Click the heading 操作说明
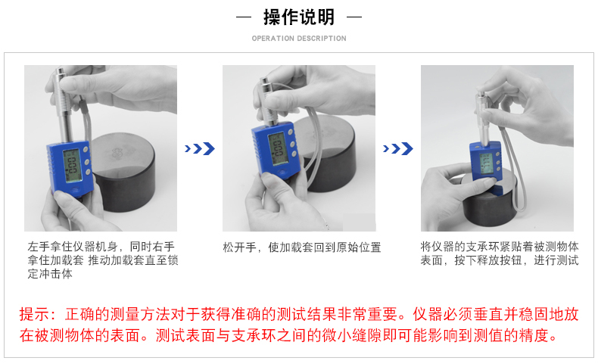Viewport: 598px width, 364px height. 298,17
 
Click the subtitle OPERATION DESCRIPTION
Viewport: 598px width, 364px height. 299,39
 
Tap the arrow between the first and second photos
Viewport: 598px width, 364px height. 200,148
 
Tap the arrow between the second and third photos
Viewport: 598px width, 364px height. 397,148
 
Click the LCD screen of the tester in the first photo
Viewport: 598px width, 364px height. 73,166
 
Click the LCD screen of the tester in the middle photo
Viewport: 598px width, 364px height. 278,148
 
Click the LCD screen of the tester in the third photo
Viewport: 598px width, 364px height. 486,163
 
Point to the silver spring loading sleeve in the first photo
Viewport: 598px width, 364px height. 64,104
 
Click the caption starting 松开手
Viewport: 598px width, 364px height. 302,247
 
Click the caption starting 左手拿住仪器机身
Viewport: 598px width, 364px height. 103,260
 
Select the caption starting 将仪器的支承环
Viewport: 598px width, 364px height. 500,254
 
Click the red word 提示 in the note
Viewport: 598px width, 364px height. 34,315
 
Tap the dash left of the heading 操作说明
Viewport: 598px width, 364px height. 244,17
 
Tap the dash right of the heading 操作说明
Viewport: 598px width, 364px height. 354,17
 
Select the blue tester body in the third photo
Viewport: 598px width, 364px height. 485,162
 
